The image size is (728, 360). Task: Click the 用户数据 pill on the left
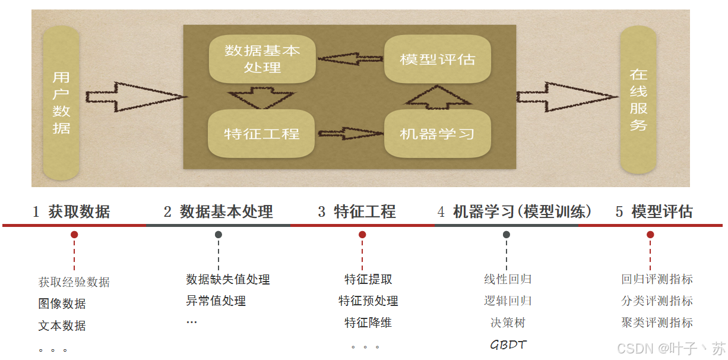61,103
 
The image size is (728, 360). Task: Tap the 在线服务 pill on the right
638,100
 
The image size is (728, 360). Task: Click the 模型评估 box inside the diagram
438,59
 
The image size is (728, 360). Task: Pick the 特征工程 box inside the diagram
262,133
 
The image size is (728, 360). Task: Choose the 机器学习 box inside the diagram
438,133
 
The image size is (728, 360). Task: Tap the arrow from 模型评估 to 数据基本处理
350,59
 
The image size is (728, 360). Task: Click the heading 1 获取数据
71,211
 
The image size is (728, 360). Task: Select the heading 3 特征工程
357,211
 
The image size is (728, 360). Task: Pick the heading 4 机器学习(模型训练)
514,211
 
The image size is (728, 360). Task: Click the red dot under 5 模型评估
650,235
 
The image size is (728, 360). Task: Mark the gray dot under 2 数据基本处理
219,235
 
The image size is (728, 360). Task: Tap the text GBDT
508,345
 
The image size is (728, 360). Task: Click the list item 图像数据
62,304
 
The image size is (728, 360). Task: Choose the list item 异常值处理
216,301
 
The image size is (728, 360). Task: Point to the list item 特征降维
368,323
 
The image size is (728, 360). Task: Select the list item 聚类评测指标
657,323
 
